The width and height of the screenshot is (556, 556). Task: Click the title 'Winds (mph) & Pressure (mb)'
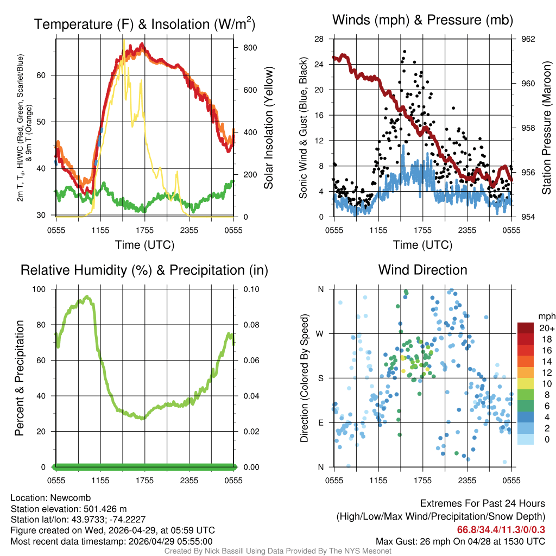(422, 21)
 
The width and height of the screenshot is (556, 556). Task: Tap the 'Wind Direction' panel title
(422, 270)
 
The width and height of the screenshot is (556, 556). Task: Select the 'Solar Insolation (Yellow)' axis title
(269, 128)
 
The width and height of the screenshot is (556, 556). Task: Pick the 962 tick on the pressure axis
(528, 39)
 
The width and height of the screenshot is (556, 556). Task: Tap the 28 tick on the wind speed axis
(319, 39)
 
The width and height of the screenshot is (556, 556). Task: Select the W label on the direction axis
(320, 333)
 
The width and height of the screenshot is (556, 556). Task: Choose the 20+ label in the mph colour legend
(545, 328)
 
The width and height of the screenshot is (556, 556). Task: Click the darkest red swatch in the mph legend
(525, 328)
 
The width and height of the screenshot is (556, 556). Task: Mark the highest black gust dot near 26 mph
(405, 52)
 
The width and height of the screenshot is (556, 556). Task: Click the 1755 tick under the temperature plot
(145, 230)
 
